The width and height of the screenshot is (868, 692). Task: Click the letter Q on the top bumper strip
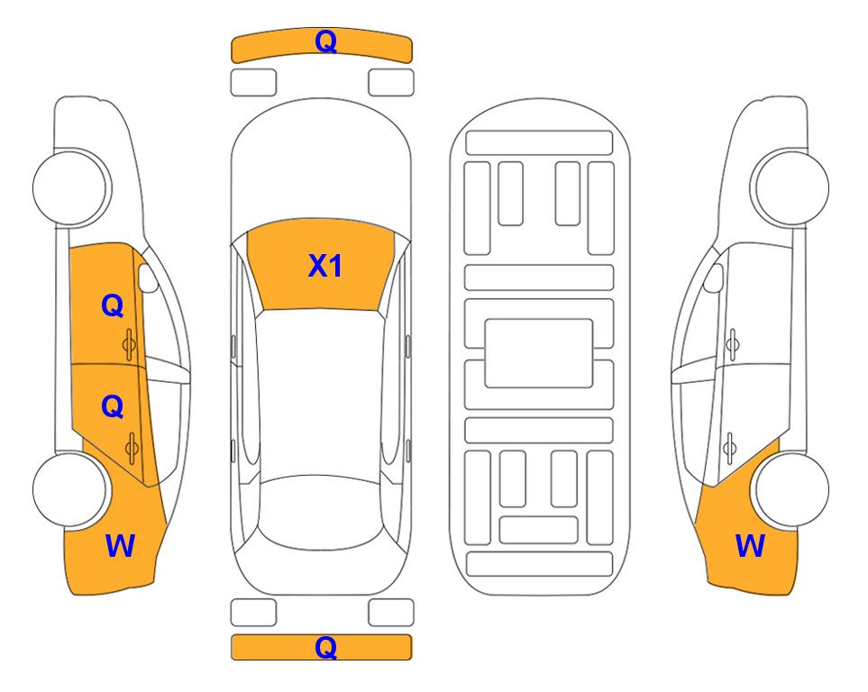325,41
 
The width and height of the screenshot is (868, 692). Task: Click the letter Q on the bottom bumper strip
325,647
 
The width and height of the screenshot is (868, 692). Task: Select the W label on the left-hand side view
120,546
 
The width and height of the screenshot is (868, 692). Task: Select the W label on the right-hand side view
750,546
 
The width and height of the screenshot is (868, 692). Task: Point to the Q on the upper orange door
112,305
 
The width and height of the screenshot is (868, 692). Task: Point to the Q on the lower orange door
112,407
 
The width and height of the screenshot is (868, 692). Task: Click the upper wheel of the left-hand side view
71,187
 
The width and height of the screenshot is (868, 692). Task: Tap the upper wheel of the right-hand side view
790,187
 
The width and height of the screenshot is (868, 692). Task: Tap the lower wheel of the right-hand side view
790,489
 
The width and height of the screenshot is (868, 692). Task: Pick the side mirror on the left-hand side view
148,278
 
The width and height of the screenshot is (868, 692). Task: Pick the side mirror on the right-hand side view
713,278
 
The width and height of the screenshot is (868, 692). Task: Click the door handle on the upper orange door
129,344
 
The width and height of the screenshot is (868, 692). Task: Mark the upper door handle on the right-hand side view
732,344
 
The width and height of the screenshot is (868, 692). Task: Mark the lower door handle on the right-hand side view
730,449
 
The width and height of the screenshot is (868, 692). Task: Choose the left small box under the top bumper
253,83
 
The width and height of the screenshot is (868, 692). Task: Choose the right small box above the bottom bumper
391,613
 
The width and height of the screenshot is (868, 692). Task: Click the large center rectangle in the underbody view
539,353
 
